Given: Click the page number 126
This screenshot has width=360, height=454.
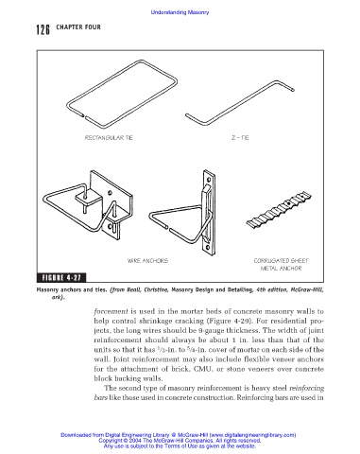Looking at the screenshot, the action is click(43, 29).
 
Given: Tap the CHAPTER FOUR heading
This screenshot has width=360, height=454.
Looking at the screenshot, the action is click(78, 27).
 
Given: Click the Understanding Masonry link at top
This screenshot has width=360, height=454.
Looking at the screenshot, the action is click(180, 12).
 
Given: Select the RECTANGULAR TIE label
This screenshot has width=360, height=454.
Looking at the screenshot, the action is click(109, 138).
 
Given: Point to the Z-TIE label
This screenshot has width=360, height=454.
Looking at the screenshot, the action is click(240, 138).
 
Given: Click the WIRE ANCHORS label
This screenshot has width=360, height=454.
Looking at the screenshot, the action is click(147, 261).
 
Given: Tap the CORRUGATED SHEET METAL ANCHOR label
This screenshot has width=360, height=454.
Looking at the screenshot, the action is click(281, 265).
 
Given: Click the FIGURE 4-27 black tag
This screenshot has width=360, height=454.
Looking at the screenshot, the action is click(61, 277).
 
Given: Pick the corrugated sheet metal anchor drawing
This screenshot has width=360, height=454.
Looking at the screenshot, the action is click(279, 210).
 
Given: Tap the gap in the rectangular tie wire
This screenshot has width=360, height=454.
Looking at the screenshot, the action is click(84, 116).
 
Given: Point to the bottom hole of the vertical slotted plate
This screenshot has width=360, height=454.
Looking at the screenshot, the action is click(208, 248).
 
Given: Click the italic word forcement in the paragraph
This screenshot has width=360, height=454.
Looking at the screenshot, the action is click(111, 311).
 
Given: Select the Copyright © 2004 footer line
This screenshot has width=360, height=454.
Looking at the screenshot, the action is click(180, 441).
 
